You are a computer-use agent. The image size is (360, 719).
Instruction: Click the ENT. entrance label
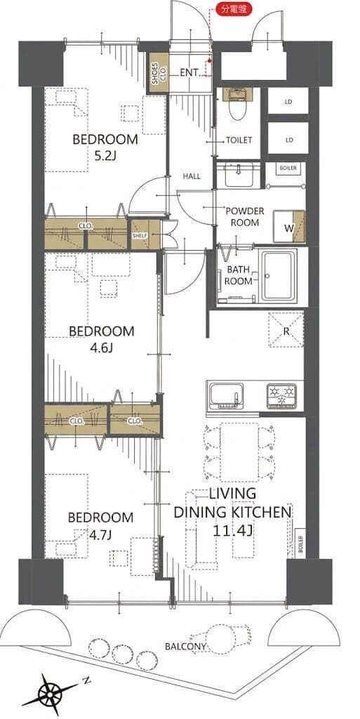click(189, 72)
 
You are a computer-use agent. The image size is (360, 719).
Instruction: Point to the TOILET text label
click(239, 140)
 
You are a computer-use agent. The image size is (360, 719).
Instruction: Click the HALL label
click(192, 176)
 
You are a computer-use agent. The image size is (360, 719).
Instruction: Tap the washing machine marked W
click(288, 227)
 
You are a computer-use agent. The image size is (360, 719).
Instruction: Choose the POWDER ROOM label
click(245, 216)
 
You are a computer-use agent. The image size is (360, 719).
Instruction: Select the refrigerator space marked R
click(286, 329)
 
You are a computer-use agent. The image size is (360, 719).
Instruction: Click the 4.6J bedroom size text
click(101, 348)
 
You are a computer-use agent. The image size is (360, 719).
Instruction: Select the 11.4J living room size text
click(233, 531)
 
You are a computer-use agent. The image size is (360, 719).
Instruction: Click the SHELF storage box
click(140, 235)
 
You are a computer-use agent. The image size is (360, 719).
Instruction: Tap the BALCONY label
click(185, 647)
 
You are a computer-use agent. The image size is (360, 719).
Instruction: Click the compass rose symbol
click(49, 694)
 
